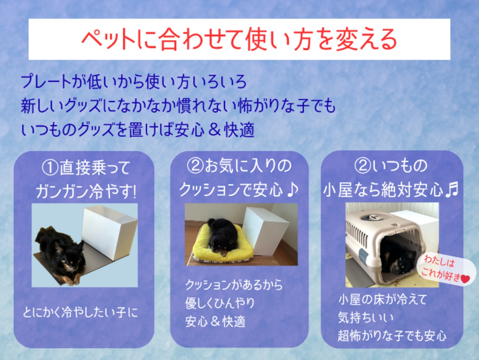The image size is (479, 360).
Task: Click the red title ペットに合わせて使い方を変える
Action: (239, 40)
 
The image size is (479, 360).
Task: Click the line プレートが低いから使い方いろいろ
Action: (134, 82)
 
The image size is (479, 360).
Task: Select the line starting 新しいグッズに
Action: (178, 106)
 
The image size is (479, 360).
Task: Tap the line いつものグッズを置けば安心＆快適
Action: (138, 129)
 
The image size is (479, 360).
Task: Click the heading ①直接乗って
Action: (86, 168)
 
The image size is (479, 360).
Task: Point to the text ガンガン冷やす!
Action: (86, 191)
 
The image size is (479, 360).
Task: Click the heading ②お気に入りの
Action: (239, 166)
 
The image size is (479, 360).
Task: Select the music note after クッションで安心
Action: (292, 189)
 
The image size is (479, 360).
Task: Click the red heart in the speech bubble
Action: (465, 279)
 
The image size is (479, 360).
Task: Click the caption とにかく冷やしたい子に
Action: (80, 312)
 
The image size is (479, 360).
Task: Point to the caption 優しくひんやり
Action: (220, 303)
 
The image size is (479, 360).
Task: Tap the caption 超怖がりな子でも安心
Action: (392, 336)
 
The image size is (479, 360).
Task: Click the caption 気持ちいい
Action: (366, 318)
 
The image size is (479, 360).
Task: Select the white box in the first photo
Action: (110, 232)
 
